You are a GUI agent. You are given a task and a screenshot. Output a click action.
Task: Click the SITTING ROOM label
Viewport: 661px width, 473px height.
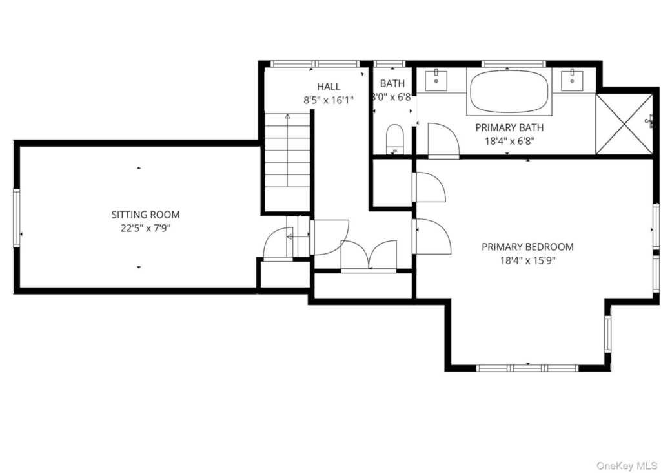coord(145,215)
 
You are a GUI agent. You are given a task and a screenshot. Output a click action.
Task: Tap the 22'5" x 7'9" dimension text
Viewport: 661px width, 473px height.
coord(145,228)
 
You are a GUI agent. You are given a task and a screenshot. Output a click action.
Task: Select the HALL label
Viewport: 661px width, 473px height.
coord(328,87)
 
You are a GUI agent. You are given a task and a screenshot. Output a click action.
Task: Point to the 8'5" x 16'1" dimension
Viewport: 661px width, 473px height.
coord(328,100)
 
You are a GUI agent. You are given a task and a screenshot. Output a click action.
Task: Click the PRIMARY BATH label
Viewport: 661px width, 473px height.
coord(509,127)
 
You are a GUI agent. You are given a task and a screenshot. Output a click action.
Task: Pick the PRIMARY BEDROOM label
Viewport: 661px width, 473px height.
coord(527,247)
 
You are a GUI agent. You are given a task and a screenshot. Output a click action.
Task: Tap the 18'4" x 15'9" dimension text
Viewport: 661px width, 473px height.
coord(527,260)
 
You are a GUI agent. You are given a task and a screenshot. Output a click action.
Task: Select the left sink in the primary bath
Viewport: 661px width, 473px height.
coord(438,81)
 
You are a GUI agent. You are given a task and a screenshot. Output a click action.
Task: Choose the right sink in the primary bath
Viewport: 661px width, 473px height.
coord(572,81)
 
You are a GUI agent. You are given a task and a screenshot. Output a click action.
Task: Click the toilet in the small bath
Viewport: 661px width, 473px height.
coord(394,140)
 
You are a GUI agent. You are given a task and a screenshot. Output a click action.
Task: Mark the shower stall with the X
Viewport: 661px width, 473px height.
coord(624,124)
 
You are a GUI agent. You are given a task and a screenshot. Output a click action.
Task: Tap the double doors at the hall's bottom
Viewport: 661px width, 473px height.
coord(369,255)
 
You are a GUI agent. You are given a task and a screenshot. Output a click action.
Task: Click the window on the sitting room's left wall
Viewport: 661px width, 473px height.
coord(17,218)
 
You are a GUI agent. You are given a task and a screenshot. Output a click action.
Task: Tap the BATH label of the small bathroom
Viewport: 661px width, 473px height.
coord(392,84)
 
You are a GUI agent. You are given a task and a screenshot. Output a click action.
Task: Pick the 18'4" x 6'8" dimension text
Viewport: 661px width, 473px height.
coord(509,140)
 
